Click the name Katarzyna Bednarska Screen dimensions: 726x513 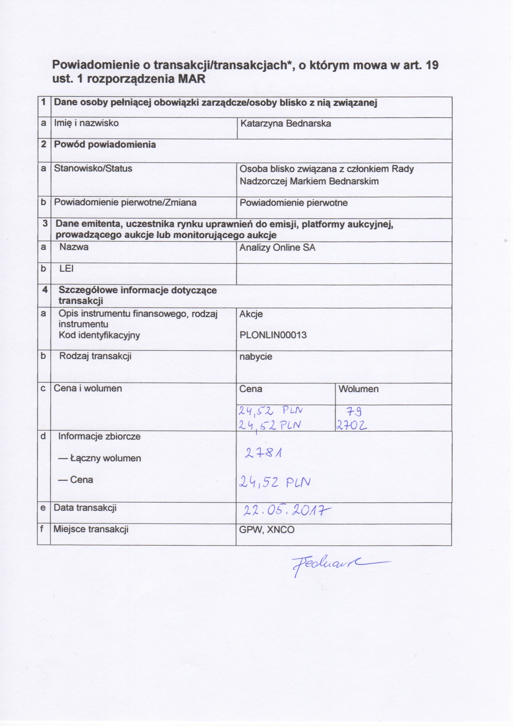pos(285,123)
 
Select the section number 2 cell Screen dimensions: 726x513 pos(44,144)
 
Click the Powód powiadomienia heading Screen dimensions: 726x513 pos(105,144)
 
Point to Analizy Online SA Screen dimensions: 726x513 pos(277,247)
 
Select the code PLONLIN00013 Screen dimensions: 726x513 pos(273,335)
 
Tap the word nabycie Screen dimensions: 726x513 pos(256,357)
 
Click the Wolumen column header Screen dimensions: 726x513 pos(358,389)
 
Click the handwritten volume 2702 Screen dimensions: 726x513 pos(351,426)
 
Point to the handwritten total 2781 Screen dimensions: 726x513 pos(264,454)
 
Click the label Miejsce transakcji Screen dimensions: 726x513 pos(91,529)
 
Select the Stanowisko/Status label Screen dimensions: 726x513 pos(93,168)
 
